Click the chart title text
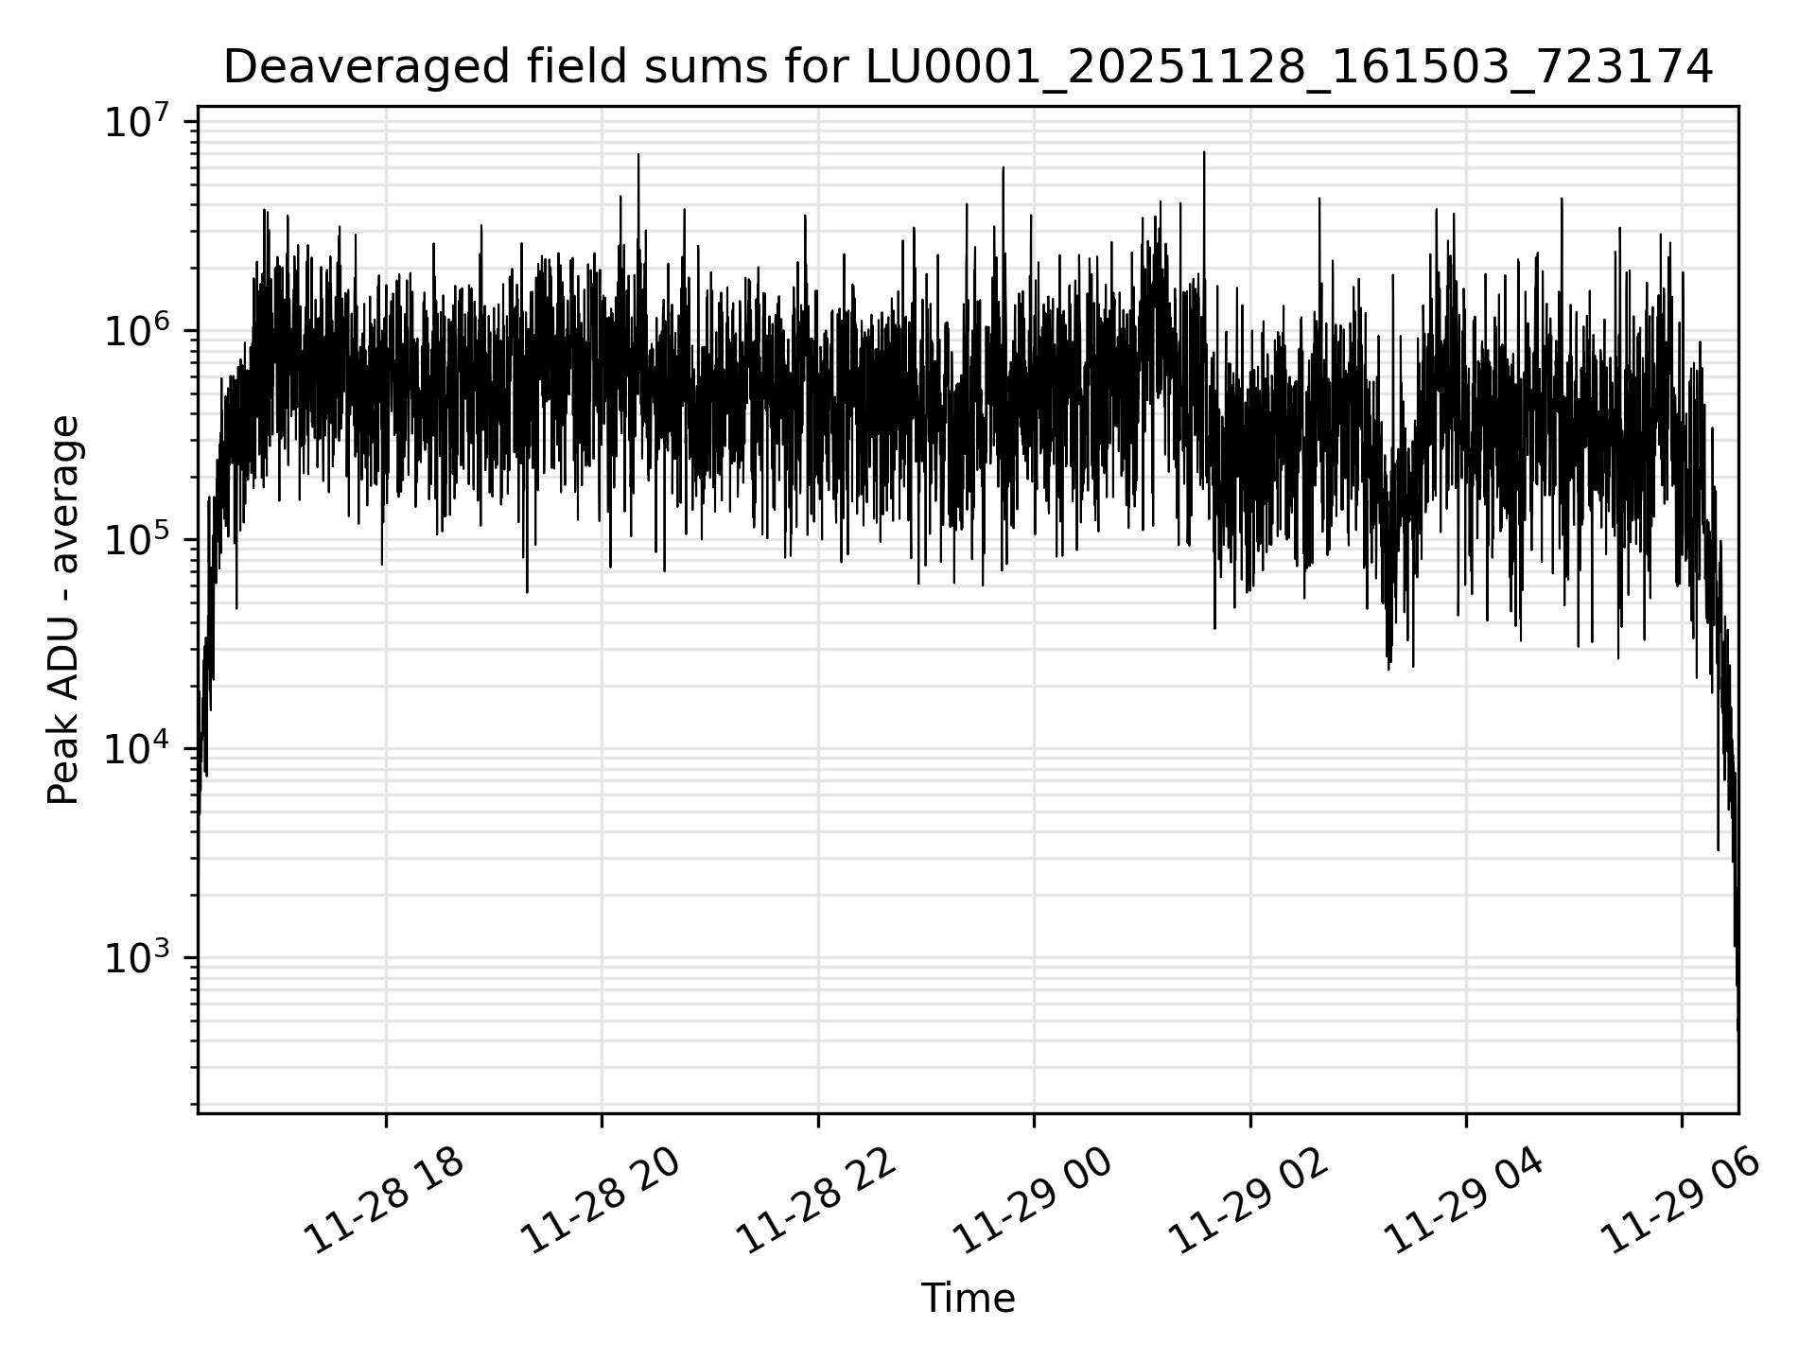(x=968, y=67)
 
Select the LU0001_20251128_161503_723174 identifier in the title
(x=1289, y=67)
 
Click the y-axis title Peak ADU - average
(x=63, y=611)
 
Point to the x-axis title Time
(x=968, y=1299)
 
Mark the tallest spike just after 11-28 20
(x=638, y=154)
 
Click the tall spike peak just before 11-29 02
(x=1204, y=152)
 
